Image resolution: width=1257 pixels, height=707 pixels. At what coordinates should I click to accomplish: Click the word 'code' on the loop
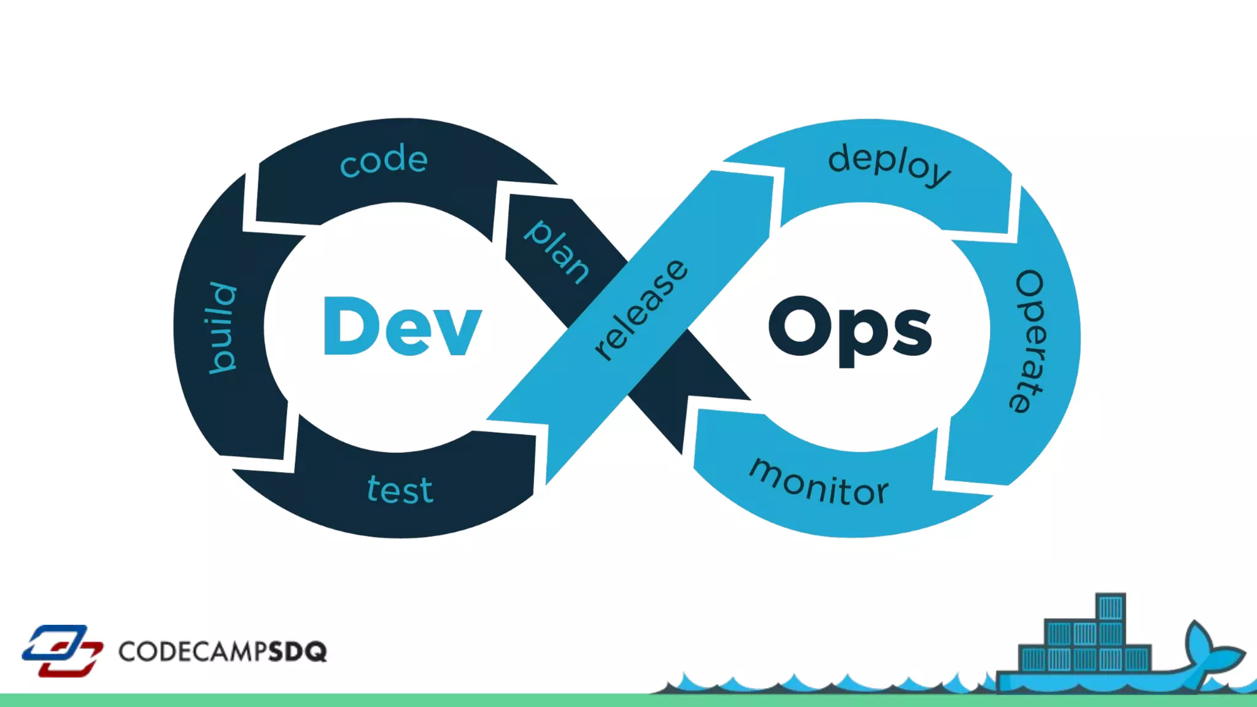(384, 160)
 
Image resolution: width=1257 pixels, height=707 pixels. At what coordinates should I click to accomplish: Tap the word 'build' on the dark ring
(222, 328)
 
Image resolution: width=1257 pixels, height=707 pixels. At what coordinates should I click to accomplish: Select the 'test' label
(400, 490)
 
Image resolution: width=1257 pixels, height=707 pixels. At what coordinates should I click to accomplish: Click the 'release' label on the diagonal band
(641, 309)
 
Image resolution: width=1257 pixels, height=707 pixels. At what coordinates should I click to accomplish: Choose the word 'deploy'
(889, 164)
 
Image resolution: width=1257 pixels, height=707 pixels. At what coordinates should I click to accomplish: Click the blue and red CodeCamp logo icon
(62, 651)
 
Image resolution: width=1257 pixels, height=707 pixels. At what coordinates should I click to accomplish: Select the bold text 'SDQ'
(298, 651)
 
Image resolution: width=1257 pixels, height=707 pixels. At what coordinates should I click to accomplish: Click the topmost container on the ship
(1110, 608)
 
